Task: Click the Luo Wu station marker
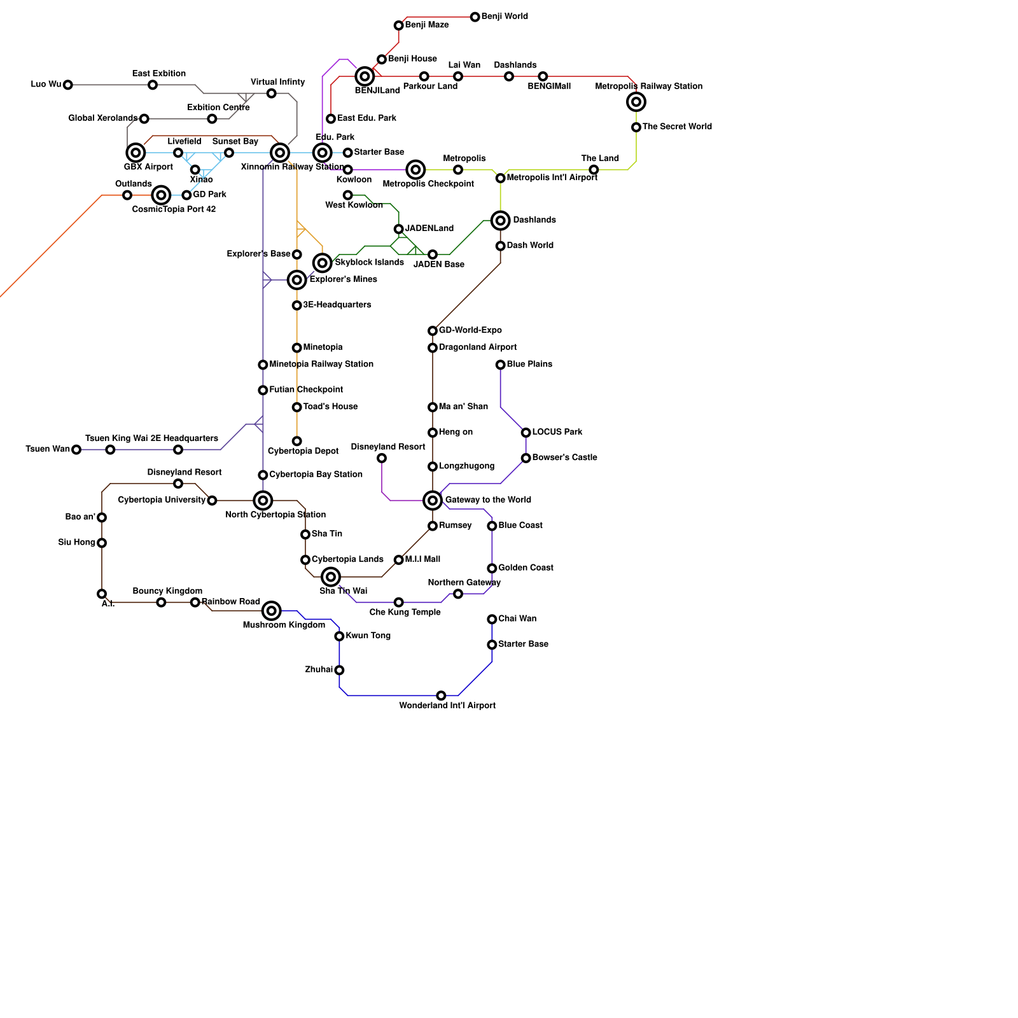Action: point(68,85)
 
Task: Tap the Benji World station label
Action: point(505,17)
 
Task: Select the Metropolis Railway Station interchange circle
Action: point(636,102)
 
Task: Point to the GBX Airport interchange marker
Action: point(136,153)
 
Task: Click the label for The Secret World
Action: point(677,127)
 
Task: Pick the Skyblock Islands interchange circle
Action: point(323,263)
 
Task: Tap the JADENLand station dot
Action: point(398,229)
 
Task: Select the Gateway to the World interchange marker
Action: point(433,501)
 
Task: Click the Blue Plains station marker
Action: point(501,365)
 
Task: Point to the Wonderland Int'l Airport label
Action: point(447,706)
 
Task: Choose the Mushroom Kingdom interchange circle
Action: point(272,611)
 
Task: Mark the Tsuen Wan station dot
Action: point(76,450)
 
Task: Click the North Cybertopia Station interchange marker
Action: point(263,501)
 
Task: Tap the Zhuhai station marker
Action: point(339,670)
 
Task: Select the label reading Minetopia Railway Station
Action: point(321,365)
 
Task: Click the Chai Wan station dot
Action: point(492,619)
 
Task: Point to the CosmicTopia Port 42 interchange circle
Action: point(162,195)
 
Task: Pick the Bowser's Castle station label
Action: point(564,457)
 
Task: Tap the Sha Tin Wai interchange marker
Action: point(331,577)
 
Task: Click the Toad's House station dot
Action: point(296,407)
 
